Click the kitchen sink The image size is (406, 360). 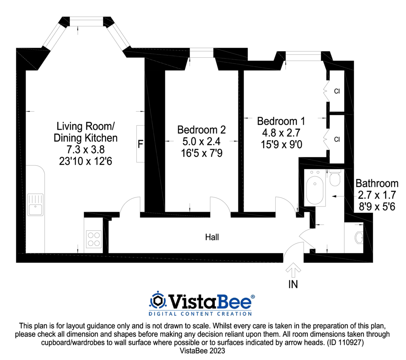35,204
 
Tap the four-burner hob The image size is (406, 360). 93,239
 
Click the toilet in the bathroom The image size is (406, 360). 335,179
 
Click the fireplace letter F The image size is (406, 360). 140,144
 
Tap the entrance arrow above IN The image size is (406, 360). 293,269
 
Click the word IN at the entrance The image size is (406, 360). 293,284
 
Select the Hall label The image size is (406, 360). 212,237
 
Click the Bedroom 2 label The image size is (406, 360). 201,130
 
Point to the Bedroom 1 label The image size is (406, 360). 281,121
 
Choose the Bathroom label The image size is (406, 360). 377,184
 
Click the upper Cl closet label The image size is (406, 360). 337,91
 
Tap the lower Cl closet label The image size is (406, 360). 337,139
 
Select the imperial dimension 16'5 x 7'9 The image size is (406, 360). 201,153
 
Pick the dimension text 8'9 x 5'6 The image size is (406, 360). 377,206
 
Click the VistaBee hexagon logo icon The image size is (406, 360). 158,301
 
